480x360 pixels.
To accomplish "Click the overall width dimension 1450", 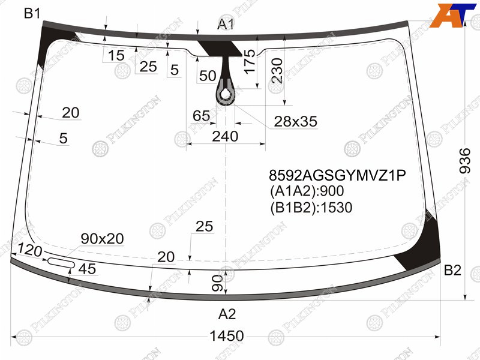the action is (x=227, y=336).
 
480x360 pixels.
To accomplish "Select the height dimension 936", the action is (x=465, y=161).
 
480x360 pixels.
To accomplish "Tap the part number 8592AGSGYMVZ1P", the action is (x=337, y=175).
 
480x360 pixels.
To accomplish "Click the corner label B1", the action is (x=32, y=13).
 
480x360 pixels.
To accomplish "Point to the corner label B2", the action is (x=452, y=271).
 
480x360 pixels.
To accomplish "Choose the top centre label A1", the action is (x=226, y=24).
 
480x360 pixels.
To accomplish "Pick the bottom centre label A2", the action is (x=227, y=314).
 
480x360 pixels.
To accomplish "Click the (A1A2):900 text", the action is (x=307, y=191).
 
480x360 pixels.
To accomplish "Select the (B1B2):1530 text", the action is (x=311, y=208).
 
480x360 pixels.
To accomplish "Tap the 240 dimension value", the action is (x=225, y=136).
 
